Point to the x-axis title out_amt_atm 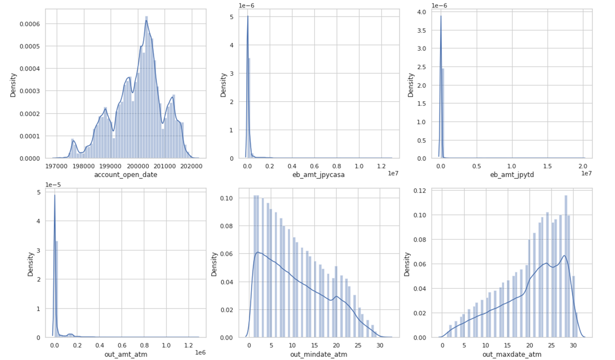pyautogui.click(x=126, y=354)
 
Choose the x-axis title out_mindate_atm pyautogui.click(x=319, y=354)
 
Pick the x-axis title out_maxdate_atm pyautogui.click(x=512, y=354)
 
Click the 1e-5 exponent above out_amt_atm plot pyautogui.click(x=53, y=184)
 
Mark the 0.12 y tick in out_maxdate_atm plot pyautogui.click(x=420, y=190)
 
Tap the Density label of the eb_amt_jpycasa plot pyautogui.click(x=223, y=85)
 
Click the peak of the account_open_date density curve pyautogui.click(x=146, y=18)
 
